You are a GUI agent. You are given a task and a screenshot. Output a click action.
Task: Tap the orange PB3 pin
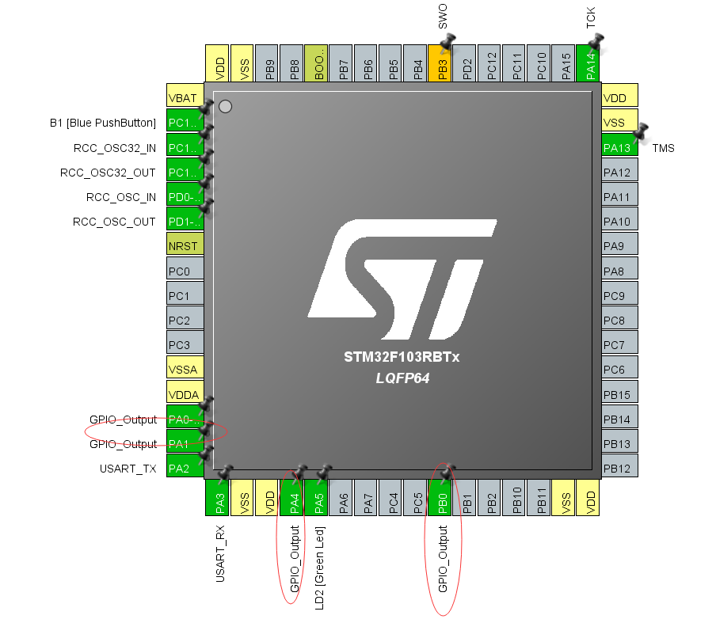[x=440, y=65]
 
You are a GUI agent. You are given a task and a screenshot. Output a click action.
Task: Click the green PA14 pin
[x=588, y=65]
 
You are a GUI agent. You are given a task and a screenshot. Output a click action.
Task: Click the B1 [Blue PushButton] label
[x=103, y=123]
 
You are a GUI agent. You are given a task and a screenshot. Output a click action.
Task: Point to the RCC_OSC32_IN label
[x=114, y=148]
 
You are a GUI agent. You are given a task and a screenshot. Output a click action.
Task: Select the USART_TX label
[x=128, y=469]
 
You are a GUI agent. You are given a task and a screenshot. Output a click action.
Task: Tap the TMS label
[x=663, y=148]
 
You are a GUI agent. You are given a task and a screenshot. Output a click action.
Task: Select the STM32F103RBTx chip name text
[x=401, y=357]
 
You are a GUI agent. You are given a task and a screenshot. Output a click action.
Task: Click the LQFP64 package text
[x=402, y=378]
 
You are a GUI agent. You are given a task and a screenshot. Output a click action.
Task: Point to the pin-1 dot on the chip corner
[x=225, y=107]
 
